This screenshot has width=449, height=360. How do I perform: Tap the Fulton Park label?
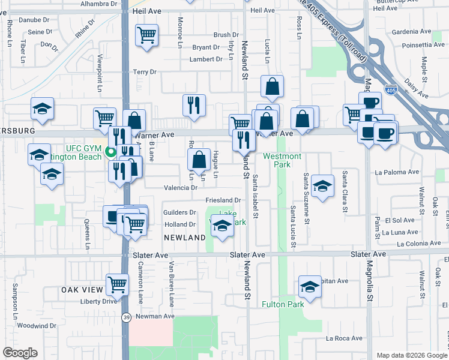point(283,304)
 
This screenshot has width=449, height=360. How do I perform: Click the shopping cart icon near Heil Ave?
point(146,36)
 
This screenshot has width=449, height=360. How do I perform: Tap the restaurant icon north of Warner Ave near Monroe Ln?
point(194,105)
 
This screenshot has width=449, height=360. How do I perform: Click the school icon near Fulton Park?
point(310,286)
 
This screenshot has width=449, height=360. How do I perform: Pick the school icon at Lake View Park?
point(222,226)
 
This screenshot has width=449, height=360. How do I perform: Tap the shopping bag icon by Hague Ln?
point(198,159)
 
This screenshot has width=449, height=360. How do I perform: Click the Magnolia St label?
point(370,300)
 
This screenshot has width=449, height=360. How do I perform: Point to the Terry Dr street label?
point(145,72)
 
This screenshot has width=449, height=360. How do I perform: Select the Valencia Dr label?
point(181,188)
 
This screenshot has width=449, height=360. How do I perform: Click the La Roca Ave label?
point(344,338)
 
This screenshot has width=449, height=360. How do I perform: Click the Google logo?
point(20,353)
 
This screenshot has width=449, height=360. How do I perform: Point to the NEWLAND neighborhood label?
point(185,238)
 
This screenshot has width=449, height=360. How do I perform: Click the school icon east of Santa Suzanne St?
point(322,185)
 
